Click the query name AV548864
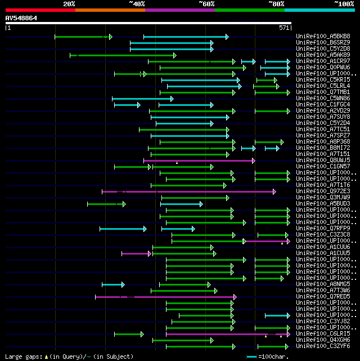(21, 18)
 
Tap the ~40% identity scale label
(137, 4)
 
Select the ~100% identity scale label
(344, 4)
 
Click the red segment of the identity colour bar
(40, 10)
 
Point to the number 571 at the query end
(284, 28)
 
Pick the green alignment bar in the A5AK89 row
(123, 55)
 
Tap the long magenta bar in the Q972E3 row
(188, 191)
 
